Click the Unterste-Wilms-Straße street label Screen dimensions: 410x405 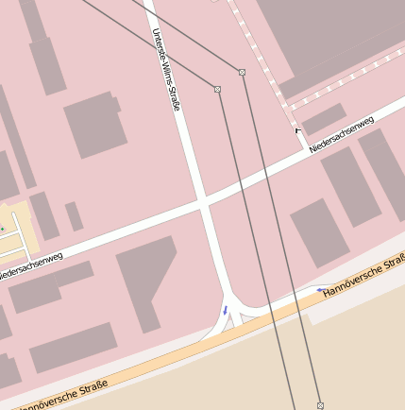(x=165, y=69)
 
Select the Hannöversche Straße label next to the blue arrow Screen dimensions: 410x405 (x=363, y=280)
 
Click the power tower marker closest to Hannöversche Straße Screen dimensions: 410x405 (x=320, y=404)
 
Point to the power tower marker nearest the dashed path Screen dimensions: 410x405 (x=242, y=72)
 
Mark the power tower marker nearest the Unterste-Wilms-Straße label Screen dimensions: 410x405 (x=217, y=89)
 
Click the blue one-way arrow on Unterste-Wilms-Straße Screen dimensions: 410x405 (x=225, y=309)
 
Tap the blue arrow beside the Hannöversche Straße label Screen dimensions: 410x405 (x=322, y=290)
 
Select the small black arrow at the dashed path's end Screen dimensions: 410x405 (x=298, y=129)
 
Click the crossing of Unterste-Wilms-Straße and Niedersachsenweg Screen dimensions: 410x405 (x=202, y=202)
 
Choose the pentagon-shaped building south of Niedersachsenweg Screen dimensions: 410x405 (x=146, y=281)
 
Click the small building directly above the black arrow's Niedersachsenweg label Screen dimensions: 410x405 (x=325, y=117)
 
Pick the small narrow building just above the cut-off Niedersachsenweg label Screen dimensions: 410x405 (x=73, y=216)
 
